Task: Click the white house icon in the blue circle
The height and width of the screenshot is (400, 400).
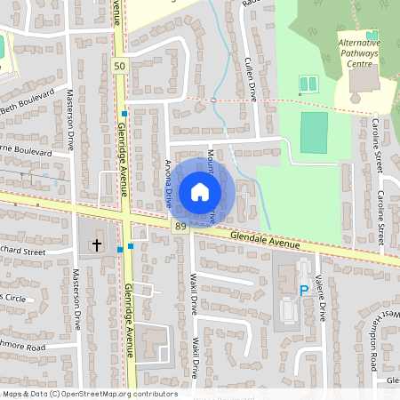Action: [200, 191]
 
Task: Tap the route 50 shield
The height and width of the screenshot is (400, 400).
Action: [119, 67]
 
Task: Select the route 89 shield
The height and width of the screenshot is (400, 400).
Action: [181, 228]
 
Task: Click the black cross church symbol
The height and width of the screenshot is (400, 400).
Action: [97, 242]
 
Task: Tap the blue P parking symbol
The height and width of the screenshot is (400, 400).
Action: [304, 290]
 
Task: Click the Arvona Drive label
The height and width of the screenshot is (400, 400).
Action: [168, 183]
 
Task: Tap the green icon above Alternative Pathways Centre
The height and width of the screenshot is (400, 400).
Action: [372, 34]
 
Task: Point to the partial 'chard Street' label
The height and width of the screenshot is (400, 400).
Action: [22, 252]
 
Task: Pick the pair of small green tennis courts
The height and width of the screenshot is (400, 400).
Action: [308, 84]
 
